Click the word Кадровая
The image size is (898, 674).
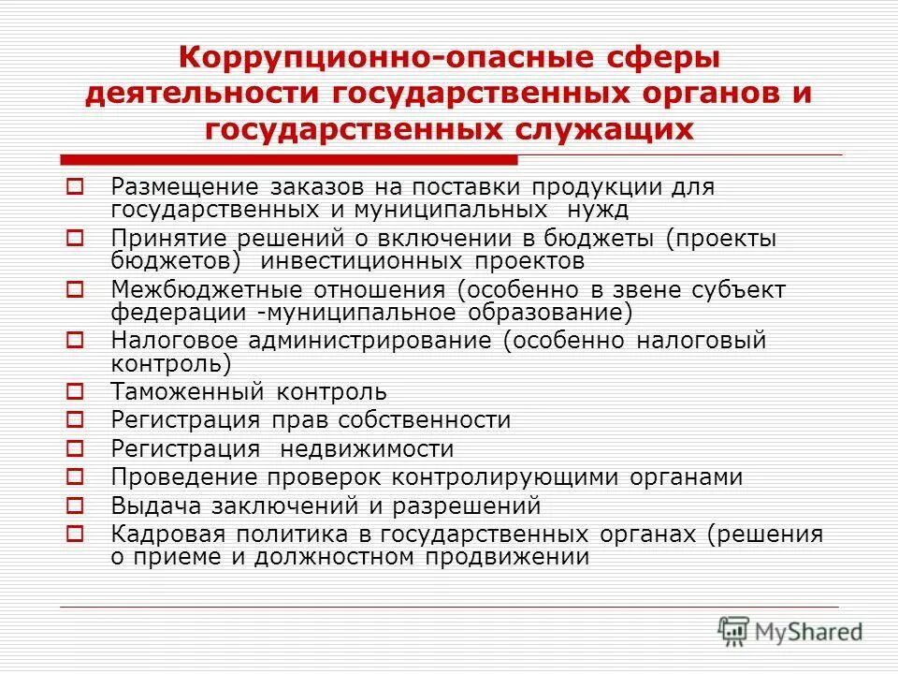161,535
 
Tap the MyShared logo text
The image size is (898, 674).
810,632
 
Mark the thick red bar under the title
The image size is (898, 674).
289,159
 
